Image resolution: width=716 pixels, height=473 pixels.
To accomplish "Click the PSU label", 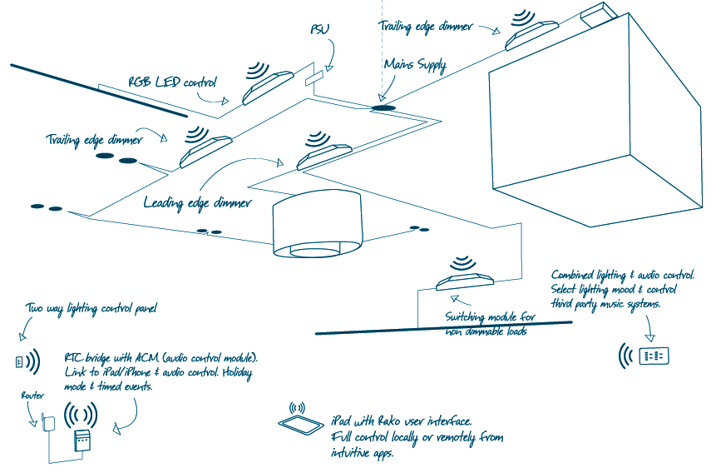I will pos(319,30).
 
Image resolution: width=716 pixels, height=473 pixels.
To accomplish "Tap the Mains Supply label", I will pos(414,65).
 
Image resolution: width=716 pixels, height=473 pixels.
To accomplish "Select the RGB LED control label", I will pos(172,83).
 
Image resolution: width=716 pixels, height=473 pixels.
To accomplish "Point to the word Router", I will pos(32,396).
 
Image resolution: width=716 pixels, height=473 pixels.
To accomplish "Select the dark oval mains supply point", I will pos(383,107).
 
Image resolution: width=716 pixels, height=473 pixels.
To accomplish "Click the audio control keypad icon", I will pos(654,355).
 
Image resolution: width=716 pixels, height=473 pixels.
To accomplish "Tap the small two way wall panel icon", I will pos(18,361).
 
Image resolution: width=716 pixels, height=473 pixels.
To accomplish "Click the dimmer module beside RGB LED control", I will pos(268,87).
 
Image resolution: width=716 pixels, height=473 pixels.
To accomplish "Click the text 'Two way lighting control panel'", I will pos(91,309).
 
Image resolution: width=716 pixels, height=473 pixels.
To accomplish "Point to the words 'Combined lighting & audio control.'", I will pos(622,275).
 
